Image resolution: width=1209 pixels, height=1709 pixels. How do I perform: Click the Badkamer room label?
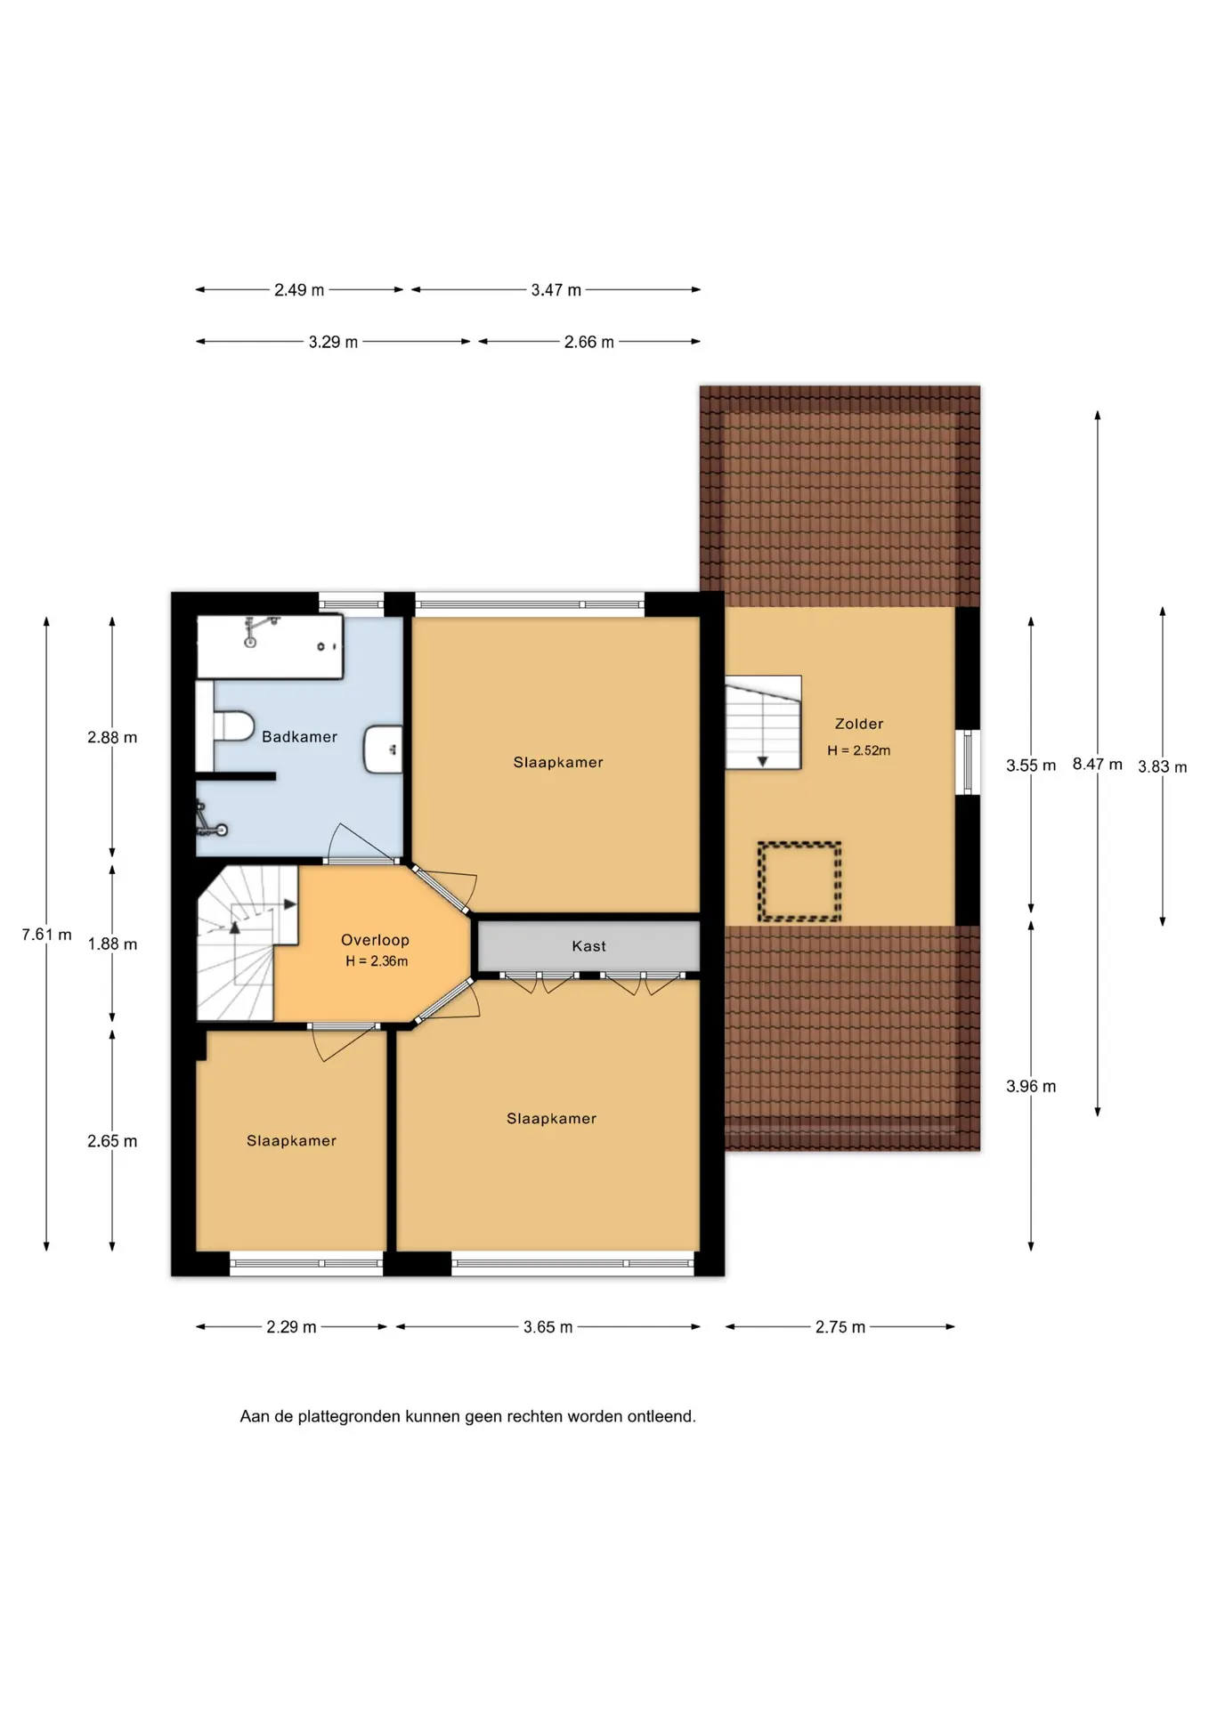click(x=299, y=737)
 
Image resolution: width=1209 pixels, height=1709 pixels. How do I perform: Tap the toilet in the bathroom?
click(x=233, y=725)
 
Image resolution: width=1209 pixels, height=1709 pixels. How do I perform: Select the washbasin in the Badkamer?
click(x=383, y=749)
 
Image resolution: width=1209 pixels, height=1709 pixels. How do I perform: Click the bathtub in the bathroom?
click(x=269, y=646)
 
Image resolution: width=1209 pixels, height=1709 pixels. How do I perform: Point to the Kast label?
click(x=588, y=946)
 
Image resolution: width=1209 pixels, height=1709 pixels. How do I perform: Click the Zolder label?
click(x=859, y=724)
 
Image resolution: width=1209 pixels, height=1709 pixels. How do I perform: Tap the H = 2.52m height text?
click(x=858, y=750)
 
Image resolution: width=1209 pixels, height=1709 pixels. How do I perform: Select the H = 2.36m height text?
click(x=377, y=961)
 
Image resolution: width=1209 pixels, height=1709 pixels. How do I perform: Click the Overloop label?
click(x=375, y=940)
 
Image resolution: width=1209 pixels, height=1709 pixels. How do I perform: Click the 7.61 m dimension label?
click(x=46, y=935)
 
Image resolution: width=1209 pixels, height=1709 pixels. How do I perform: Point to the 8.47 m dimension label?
click(x=1097, y=764)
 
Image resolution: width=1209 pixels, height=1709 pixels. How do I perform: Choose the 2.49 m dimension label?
click(x=299, y=290)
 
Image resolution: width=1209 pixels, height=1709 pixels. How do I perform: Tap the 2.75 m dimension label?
click(x=840, y=1327)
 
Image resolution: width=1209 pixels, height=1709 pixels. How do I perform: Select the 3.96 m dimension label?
click(x=1031, y=1086)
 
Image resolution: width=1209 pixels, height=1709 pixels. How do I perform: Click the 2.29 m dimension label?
click(x=291, y=1327)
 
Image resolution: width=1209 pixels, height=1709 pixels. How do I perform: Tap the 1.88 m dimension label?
click(x=112, y=944)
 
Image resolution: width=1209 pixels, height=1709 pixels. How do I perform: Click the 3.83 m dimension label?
click(x=1162, y=767)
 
